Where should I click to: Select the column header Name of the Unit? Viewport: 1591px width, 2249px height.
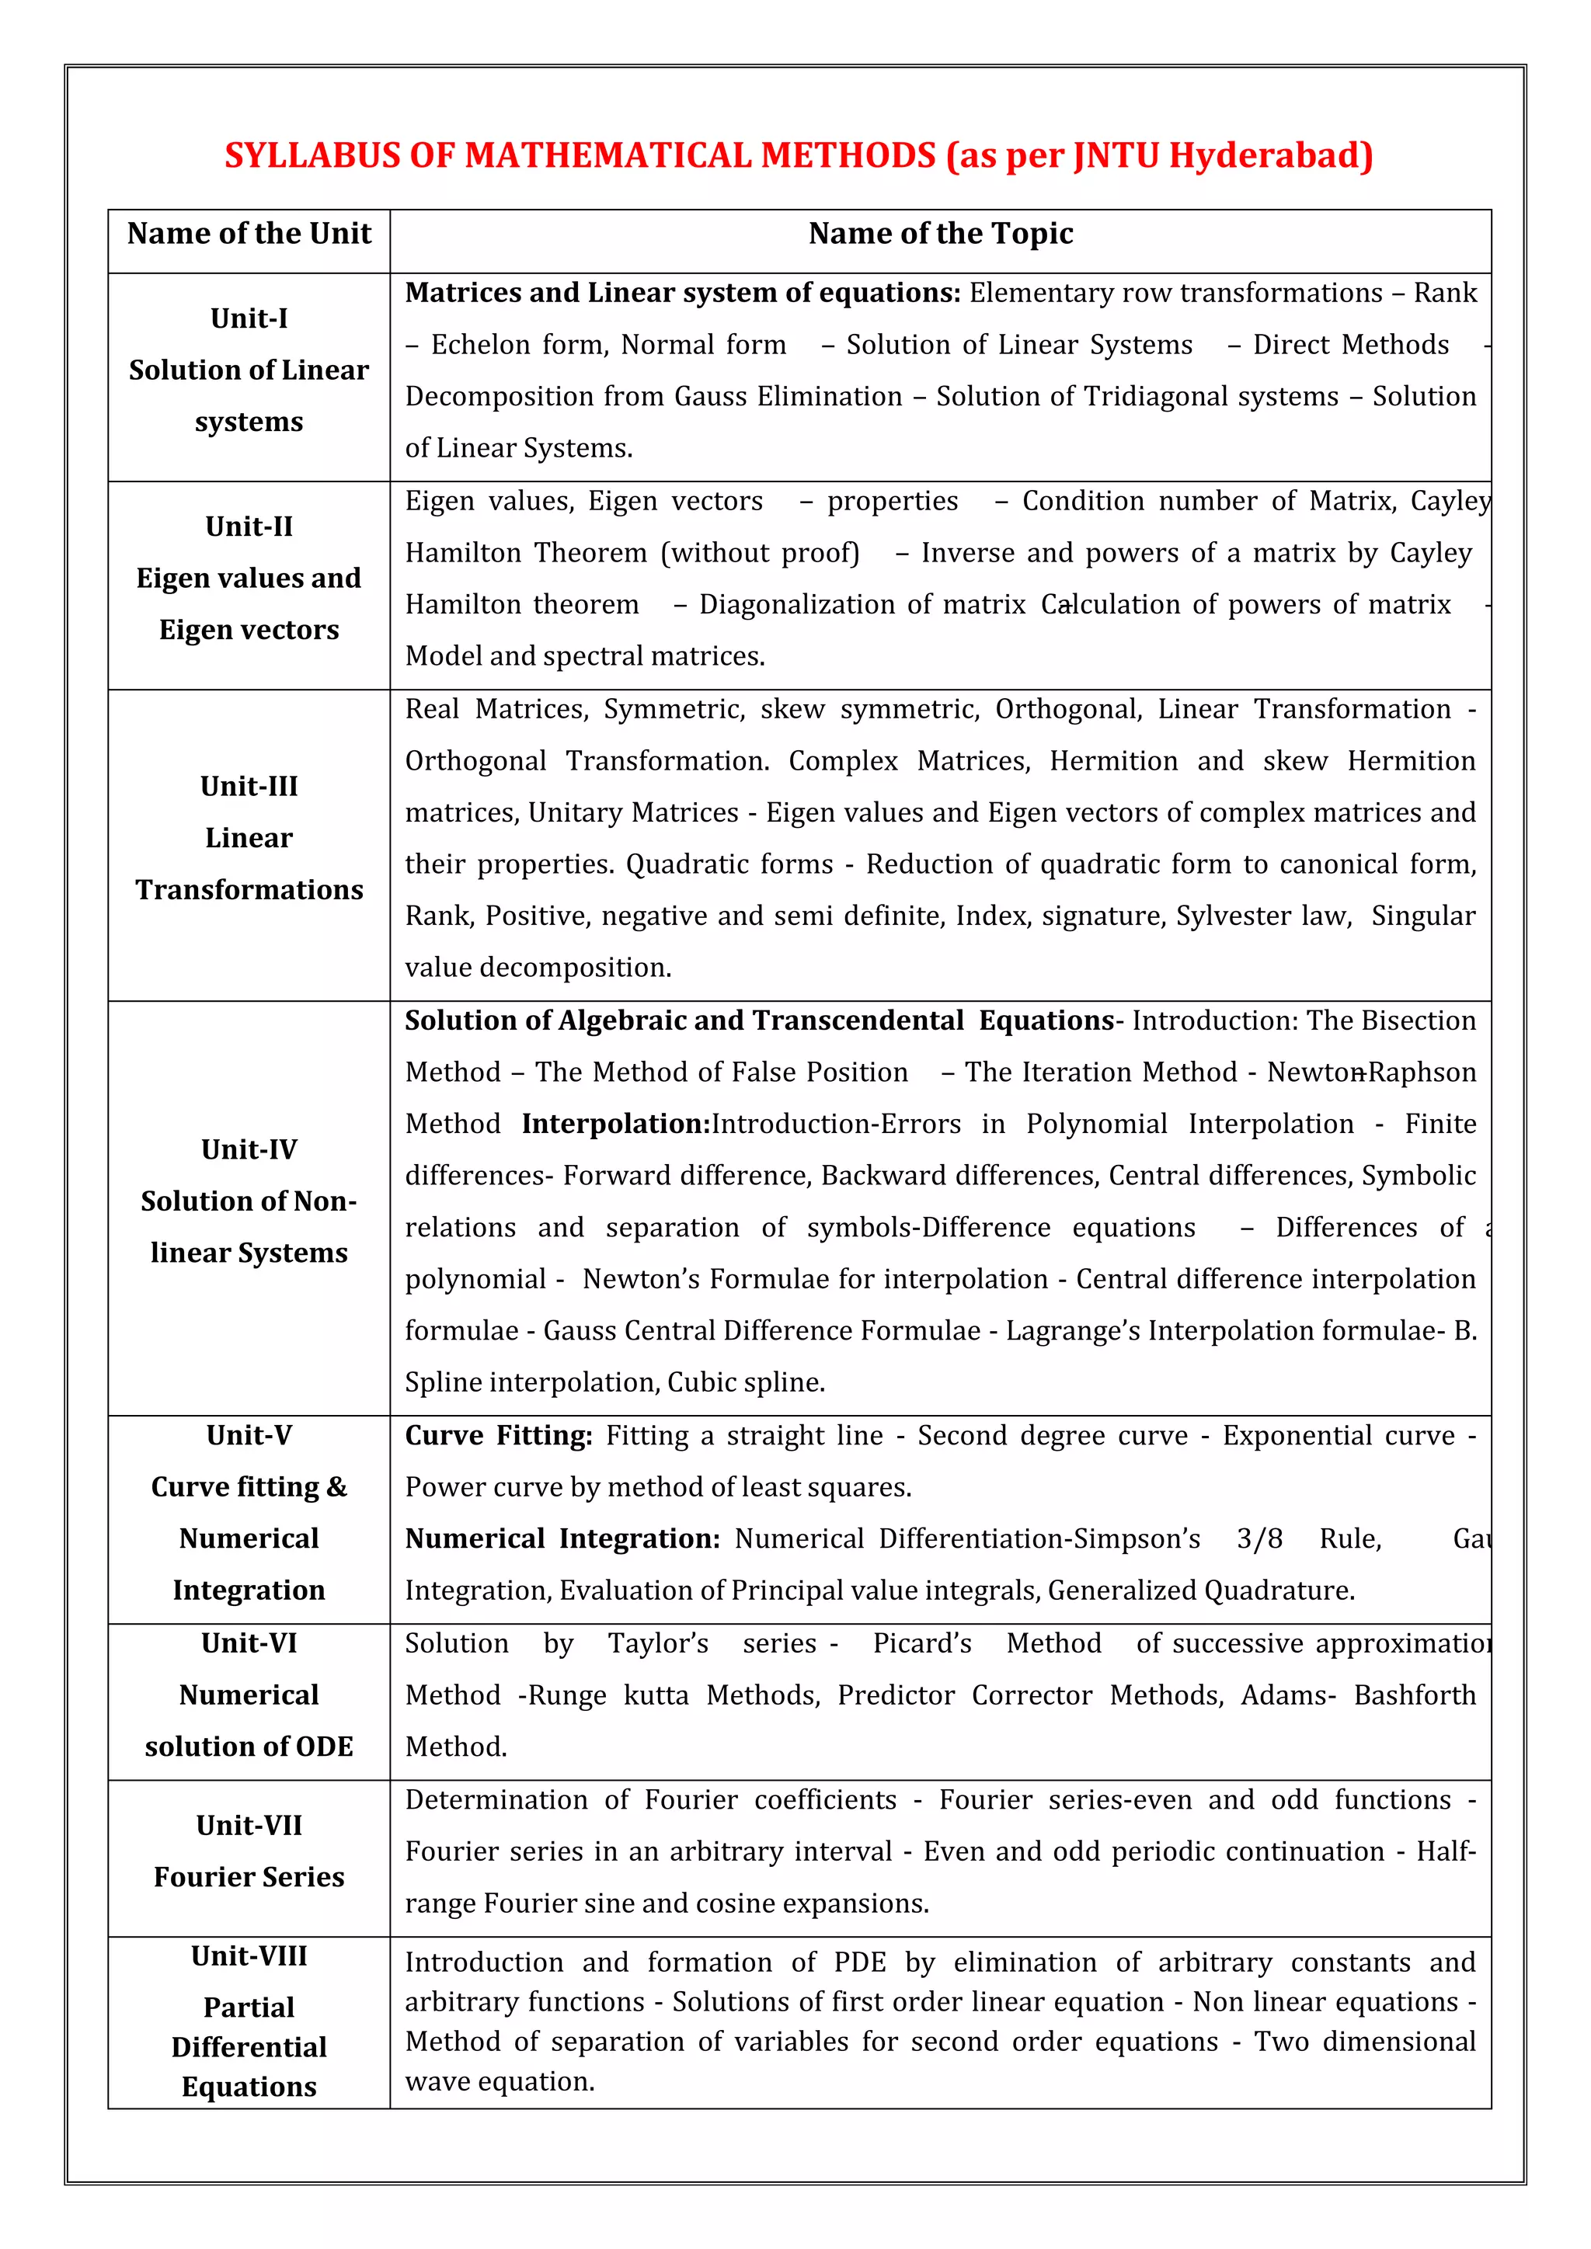(249, 234)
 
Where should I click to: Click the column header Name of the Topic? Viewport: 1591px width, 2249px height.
(941, 234)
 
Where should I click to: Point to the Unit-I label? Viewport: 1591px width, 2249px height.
(249, 318)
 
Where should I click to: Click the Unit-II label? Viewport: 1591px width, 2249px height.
(249, 527)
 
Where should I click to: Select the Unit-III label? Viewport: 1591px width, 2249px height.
(249, 787)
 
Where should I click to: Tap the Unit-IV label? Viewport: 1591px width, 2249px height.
(249, 1150)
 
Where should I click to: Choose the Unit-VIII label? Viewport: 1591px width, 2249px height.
(249, 1956)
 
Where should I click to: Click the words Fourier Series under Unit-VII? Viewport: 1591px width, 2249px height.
(249, 1877)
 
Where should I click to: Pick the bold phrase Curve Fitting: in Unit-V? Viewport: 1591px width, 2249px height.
(499, 1436)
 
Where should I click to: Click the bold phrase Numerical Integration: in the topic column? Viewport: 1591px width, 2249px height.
(562, 1539)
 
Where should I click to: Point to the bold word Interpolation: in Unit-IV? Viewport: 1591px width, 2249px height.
(615, 1124)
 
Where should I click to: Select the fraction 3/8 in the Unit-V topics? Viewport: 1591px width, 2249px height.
(1259, 1539)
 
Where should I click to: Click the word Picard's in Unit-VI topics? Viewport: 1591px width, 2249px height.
(922, 1644)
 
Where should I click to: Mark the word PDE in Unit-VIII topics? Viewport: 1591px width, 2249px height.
(859, 1963)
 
